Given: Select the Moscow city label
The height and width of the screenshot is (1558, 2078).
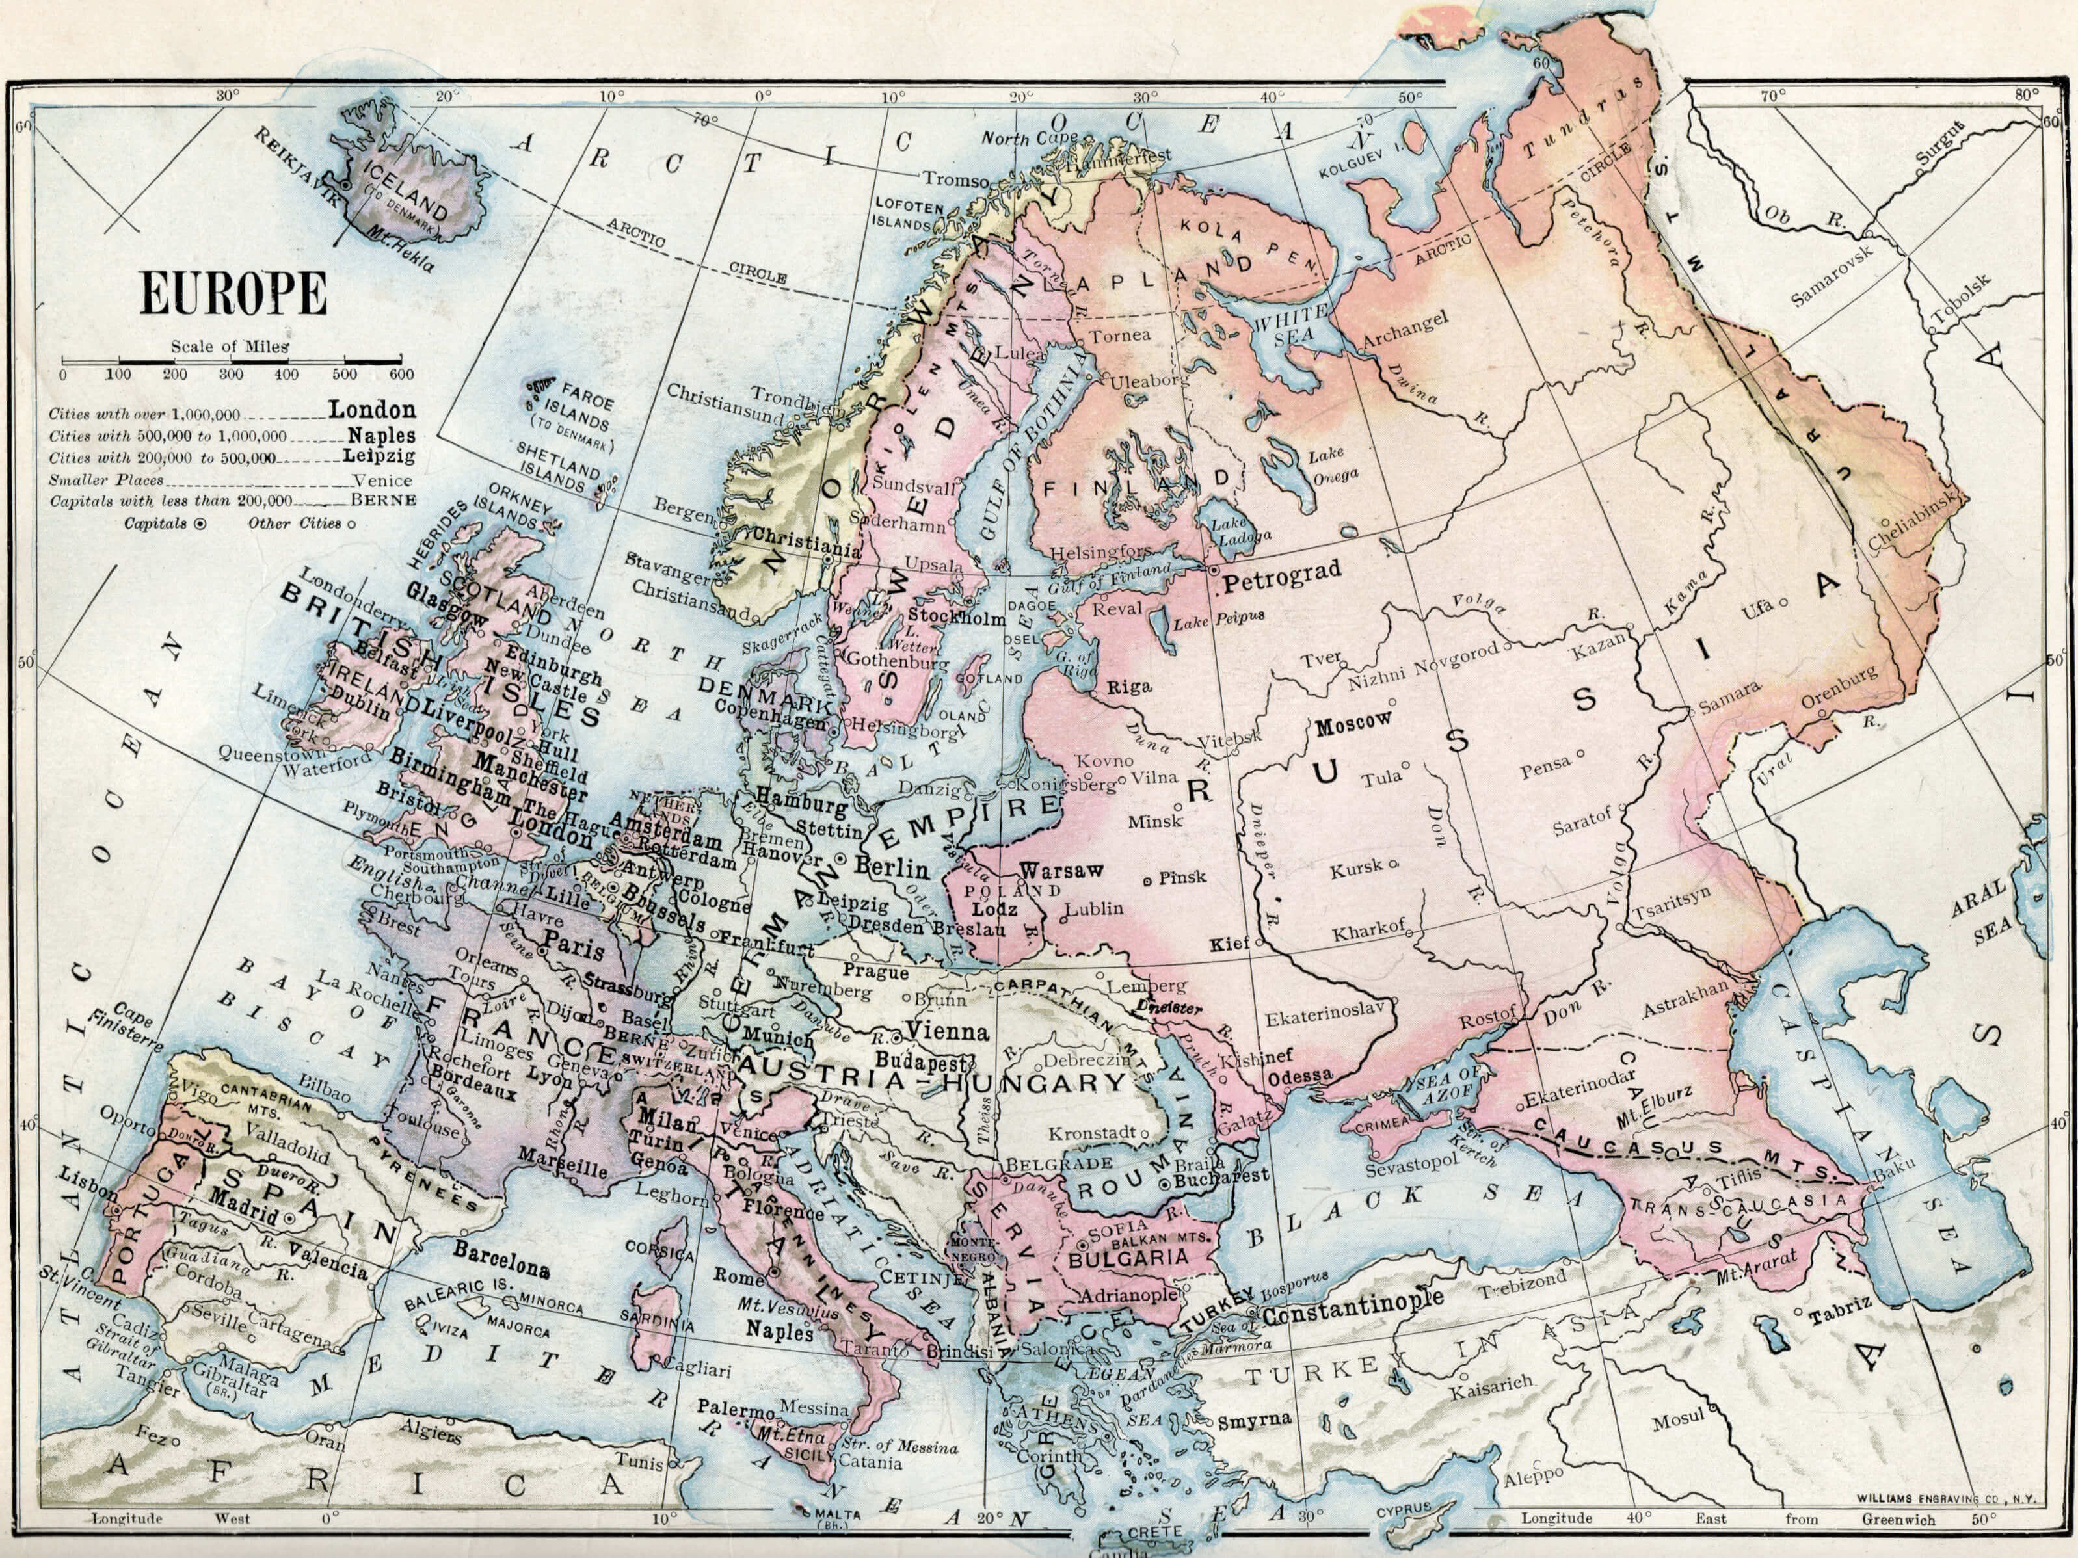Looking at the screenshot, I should (x=1353, y=725).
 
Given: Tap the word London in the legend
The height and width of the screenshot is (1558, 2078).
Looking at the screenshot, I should (x=372, y=410).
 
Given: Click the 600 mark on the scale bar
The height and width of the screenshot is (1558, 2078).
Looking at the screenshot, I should (x=401, y=375).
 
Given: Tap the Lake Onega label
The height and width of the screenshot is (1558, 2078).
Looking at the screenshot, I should (x=1332, y=466).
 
